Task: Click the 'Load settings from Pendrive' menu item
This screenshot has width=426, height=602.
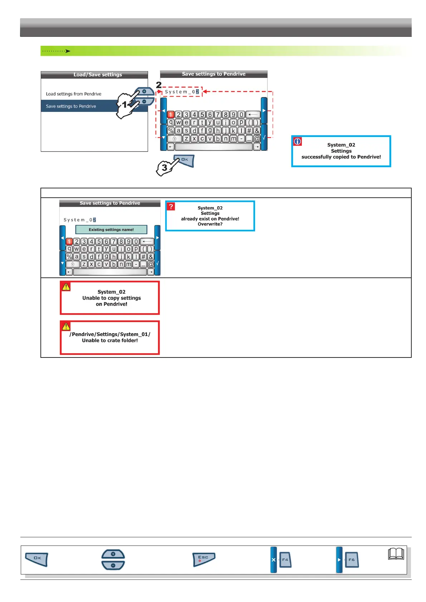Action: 73,94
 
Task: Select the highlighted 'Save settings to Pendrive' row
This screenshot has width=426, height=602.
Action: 71,106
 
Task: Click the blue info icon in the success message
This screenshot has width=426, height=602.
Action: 297,142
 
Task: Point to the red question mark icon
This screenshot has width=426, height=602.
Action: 171,207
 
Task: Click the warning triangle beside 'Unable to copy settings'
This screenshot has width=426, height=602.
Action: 66,287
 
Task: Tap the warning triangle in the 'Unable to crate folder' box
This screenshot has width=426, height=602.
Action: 66,326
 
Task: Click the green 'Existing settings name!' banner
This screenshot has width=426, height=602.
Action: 111,230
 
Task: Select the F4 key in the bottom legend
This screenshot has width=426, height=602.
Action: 285,560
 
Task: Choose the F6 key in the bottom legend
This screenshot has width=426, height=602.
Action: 351,560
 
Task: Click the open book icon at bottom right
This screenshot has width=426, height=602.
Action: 396,554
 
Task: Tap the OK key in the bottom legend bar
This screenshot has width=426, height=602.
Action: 37,559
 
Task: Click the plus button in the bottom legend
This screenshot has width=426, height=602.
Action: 113,554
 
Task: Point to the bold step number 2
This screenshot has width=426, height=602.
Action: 159,85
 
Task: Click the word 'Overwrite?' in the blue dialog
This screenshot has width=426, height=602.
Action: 210,224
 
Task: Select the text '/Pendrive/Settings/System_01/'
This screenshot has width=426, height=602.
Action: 110,334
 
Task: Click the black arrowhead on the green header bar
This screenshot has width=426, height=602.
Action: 68,51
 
